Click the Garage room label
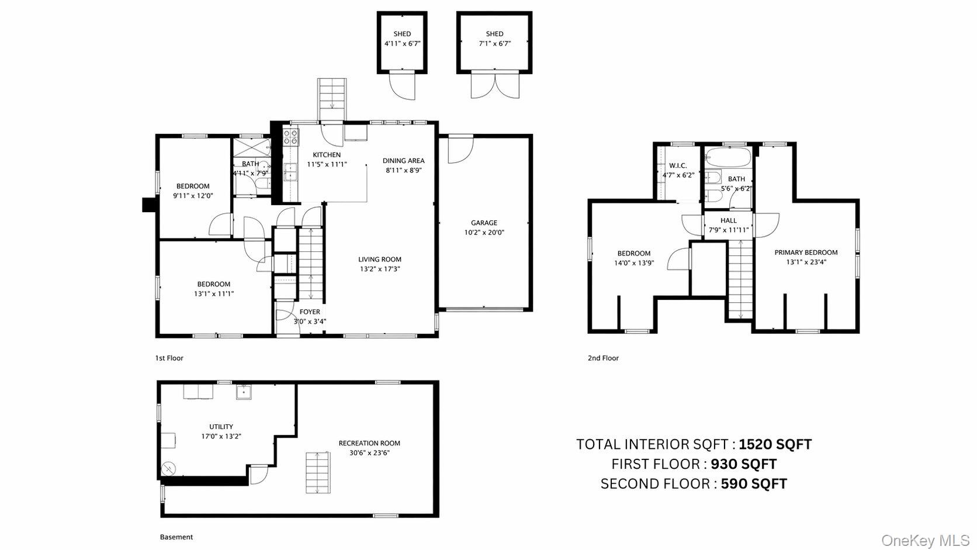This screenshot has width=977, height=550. coord(484,223)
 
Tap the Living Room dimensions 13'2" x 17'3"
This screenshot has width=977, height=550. coord(380,269)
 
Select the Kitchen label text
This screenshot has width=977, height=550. coord(327,155)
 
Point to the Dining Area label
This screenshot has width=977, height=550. coord(403,161)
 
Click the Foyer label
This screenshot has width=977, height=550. coord(310,312)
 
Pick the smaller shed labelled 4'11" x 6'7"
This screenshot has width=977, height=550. coord(402,43)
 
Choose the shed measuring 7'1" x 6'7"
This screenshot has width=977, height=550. coord(494,43)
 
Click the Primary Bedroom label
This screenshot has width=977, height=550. coord(806,252)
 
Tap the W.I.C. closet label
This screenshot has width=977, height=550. coord(678,166)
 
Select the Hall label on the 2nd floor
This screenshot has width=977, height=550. coord(729,221)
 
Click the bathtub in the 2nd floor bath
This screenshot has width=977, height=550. coord(729,157)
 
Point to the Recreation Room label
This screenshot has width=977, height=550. coord(369,443)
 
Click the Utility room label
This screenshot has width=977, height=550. coord(221,427)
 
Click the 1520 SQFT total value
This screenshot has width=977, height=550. coord(775,444)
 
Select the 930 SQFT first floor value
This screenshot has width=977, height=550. coord(744,464)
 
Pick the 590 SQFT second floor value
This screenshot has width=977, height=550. coord(754,484)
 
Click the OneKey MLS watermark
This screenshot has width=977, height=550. coord(925,541)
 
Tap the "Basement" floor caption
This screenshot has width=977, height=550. coord(176,537)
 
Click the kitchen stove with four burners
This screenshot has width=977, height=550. coord(291,137)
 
